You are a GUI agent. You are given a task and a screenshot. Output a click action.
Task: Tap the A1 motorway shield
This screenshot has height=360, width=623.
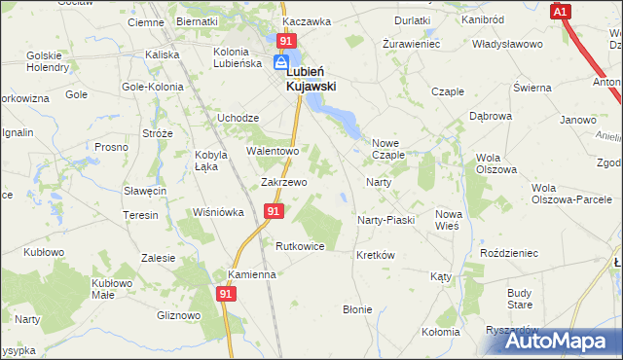tap(560, 12)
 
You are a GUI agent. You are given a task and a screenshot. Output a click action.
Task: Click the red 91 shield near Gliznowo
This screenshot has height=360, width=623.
tap(226, 292)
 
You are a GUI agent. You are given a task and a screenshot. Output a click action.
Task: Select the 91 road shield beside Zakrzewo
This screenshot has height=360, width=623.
tap(274, 210)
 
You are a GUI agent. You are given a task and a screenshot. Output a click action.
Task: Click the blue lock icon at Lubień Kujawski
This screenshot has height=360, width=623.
tap(280, 62)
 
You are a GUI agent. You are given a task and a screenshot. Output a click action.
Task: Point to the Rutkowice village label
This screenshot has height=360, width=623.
tap(300, 246)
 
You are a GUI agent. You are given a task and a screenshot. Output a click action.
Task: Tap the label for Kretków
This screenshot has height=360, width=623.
tap(375, 255)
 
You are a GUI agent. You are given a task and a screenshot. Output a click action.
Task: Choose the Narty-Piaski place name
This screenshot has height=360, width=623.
tap(386, 220)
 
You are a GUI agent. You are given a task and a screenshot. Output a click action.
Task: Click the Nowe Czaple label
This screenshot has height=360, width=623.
tap(388, 149)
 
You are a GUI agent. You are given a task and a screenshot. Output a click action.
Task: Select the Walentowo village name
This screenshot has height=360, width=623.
tap(274, 152)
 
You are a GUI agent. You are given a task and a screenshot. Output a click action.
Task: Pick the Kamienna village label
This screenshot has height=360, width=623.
tap(252, 274)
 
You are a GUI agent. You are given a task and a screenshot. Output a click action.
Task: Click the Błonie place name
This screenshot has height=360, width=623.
tap(357, 309)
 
